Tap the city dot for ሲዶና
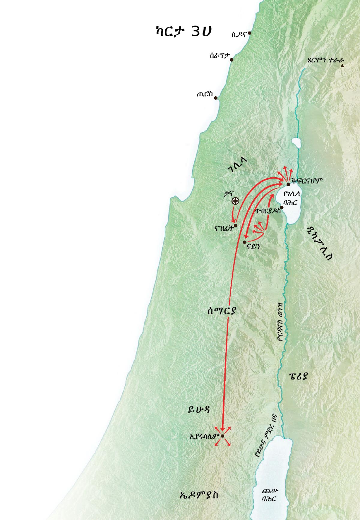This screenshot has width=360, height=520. point(249,33)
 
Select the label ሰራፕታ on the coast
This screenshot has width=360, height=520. point(220,56)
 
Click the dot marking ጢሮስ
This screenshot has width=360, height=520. point(216,98)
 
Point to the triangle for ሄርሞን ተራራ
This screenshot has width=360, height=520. point(342,65)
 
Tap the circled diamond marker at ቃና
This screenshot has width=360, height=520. point(235,201)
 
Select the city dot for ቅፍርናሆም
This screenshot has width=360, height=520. point(288,184)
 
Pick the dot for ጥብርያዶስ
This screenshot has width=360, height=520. point(282,207)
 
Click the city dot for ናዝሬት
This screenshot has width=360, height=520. point(235,225)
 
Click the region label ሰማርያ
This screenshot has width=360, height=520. point(222,311)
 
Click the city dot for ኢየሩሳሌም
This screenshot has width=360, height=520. point(223,436)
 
